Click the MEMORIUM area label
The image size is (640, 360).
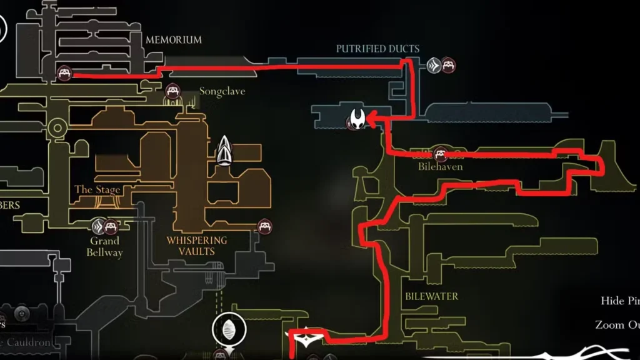point(173,39)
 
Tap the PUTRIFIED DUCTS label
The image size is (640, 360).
point(377,48)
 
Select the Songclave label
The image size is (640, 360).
point(222,91)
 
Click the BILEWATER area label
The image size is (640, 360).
point(431,296)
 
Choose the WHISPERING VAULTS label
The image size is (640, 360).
point(197,246)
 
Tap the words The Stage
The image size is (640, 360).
point(97,189)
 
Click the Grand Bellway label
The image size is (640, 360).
point(105,246)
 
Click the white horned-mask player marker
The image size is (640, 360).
point(357,119)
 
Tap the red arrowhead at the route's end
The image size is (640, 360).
point(370,117)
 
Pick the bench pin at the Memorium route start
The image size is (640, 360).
point(64,74)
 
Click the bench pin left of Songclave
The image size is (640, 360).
point(172,92)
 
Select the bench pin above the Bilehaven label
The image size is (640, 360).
point(441,153)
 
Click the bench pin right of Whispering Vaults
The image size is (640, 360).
point(264,226)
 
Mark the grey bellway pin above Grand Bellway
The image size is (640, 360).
point(99,226)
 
